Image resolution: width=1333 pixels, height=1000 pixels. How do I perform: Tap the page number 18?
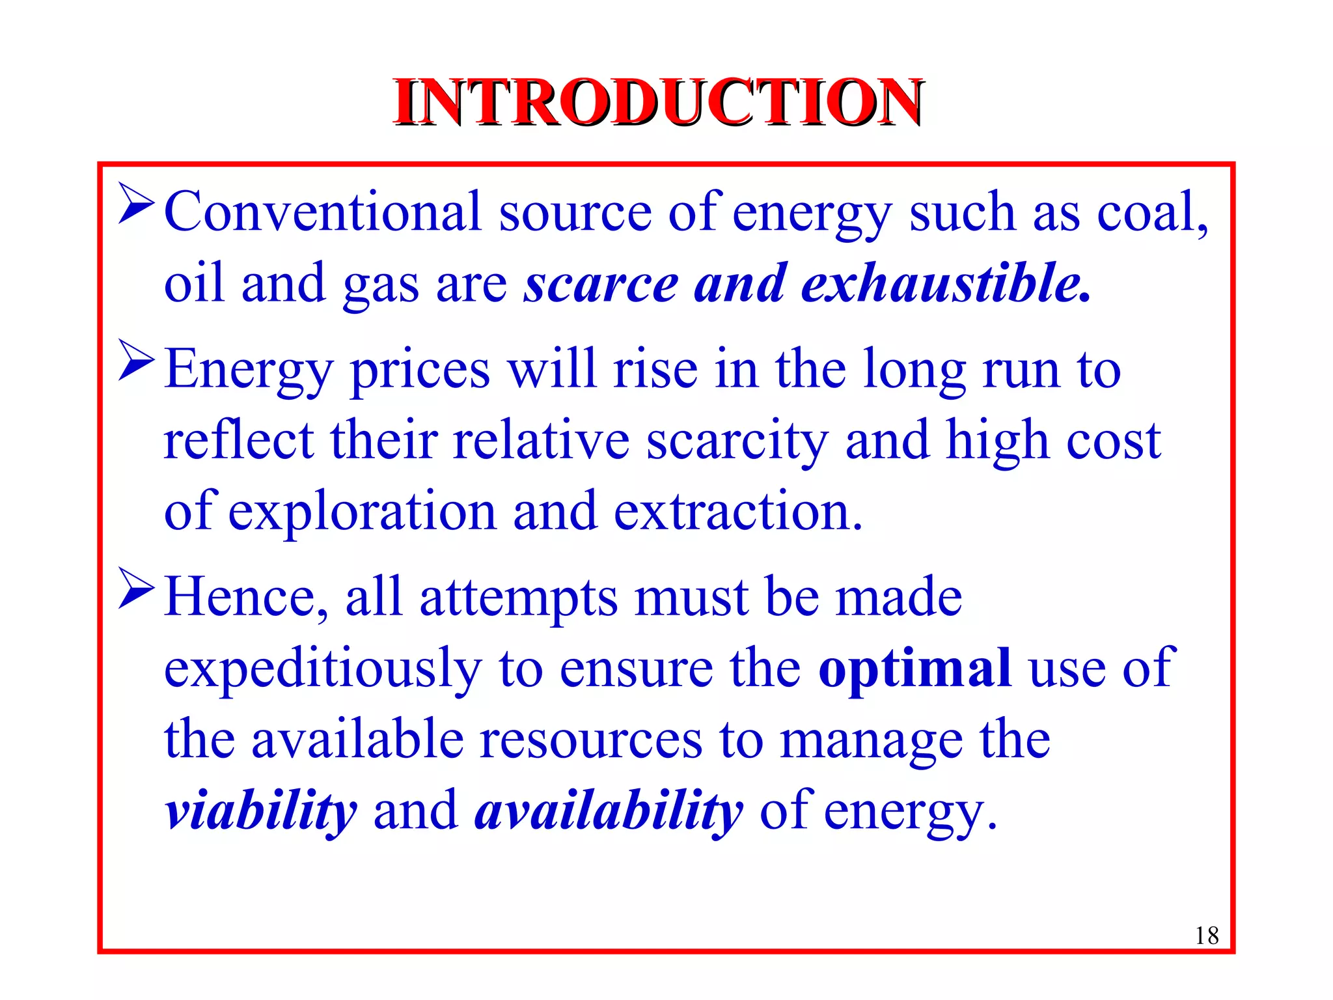pos(1206,936)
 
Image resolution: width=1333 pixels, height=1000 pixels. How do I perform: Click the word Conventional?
pos(322,212)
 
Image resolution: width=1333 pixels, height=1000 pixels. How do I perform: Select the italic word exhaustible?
pos(945,284)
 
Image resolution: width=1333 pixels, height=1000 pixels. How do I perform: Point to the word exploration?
pos(362,512)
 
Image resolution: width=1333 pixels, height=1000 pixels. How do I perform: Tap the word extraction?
pos(737,512)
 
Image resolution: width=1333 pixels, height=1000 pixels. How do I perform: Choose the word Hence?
pos(246,598)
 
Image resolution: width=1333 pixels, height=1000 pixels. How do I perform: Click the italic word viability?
pos(260,812)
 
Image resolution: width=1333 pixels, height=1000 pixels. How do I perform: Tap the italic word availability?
pos(609,812)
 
